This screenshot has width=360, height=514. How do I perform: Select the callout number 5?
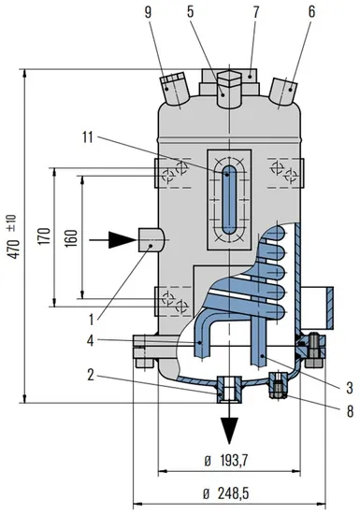(x=218, y=13)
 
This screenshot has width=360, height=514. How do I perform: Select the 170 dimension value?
(x=43, y=239)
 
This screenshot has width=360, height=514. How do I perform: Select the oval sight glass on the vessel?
(x=229, y=199)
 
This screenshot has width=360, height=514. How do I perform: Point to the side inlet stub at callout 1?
(x=150, y=239)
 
